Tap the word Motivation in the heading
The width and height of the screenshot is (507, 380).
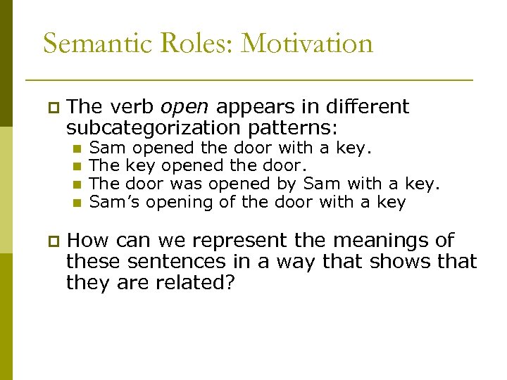click(x=307, y=44)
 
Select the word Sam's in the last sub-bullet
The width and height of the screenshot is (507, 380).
click(x=108, y=203)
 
